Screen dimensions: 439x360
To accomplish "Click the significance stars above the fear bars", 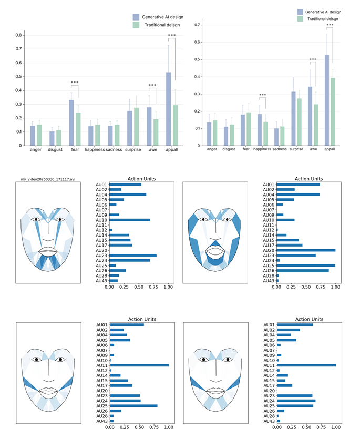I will pyautogui.click(x=75, y=83).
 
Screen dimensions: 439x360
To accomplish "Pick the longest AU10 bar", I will pyautogui.click(x=130, y=220).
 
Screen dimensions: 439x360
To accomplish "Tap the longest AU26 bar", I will pyautogui.click(x=303, y=271).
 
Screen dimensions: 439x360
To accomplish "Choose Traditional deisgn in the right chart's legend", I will pyautogui.click(x=323, y=18).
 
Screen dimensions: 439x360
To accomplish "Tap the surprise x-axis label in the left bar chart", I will pyautogui.click(x=137, y=150).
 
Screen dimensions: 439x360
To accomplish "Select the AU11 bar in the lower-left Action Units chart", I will pyautogui.click(x=139, y=365).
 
